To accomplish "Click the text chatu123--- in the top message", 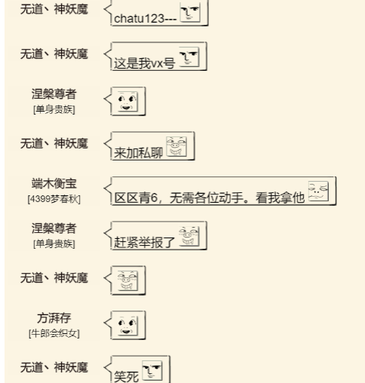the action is tap(146, 18).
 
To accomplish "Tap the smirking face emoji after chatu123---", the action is tap(190, 12).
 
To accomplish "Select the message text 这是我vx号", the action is tap(144, 63).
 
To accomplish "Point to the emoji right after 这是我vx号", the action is tap(189, 57).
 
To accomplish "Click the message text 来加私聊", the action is tap(138, 152).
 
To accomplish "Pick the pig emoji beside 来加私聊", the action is tap(176, 146).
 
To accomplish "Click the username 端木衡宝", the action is tap(54, 183).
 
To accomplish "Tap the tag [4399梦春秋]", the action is tap(54, 199).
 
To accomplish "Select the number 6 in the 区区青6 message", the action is tap(154, 198).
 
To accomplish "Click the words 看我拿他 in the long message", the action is tap(280, 198).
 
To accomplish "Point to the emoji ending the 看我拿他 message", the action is tap(318, 191).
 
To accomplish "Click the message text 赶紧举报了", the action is tap(144, 242).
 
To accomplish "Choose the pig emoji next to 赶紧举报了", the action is tap(189, 236).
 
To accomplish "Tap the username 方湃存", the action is tap(54, 318).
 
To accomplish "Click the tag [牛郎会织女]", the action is tap(54, 333).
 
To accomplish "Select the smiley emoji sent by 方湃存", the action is tap(127, 326).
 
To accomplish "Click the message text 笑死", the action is tap(126, 376).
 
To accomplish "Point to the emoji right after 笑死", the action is tap(152, 370).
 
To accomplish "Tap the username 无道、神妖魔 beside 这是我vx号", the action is tap(54, 54).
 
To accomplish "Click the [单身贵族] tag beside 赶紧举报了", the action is tap(54, 244).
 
